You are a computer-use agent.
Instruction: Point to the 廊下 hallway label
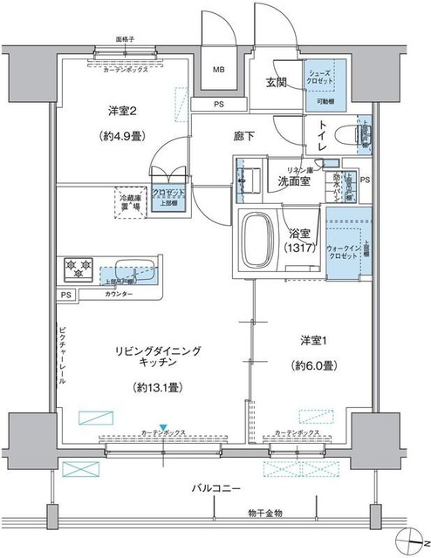click(x=269, y=137)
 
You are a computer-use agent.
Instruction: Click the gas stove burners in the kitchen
click(x=77, y=268)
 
